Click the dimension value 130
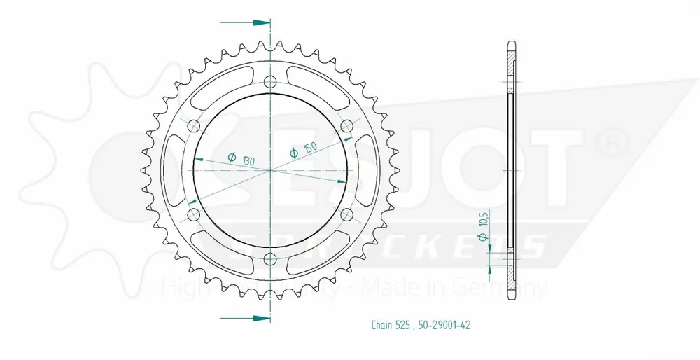pos(248,160)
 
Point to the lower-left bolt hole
pos(195,214)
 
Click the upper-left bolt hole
pos(195,125)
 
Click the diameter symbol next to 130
pos(232,158)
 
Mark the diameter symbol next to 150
pos(294,152)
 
